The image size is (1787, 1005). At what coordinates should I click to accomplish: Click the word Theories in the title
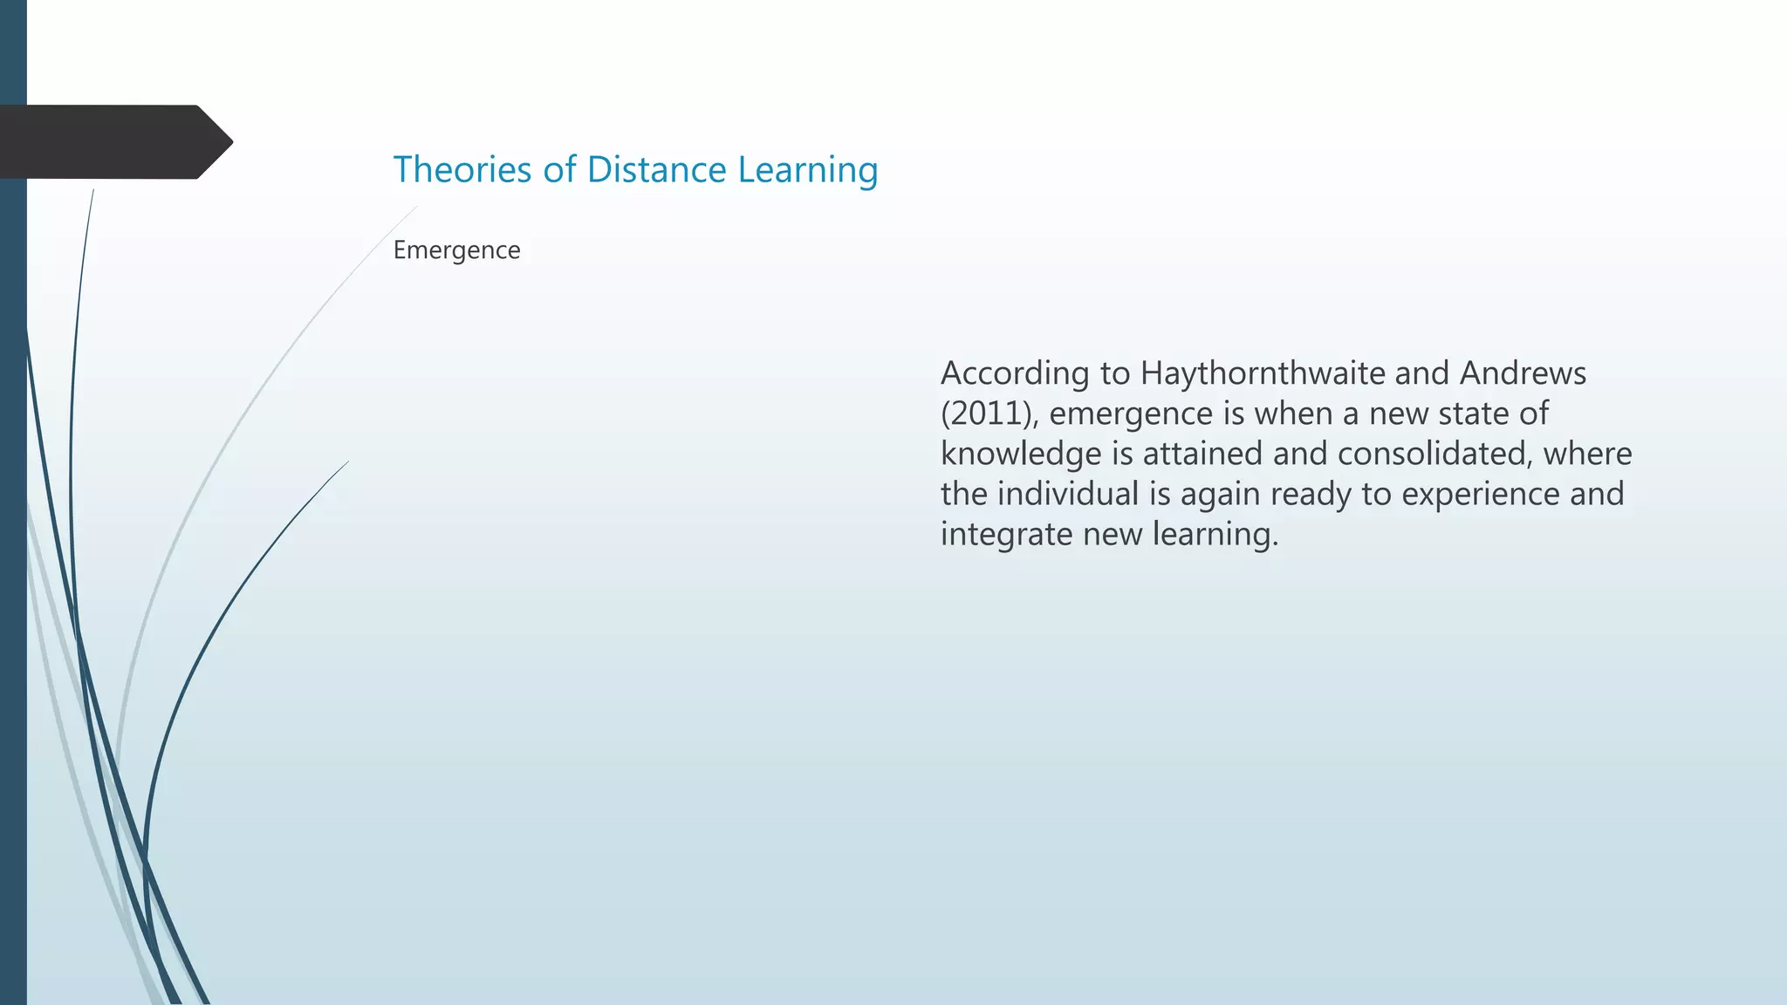(462, 169)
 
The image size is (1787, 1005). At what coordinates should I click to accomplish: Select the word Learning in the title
(807, 171)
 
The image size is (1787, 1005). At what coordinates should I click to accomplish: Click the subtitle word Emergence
(456, 250)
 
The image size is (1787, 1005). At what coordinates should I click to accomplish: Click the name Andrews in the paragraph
(1523, 373)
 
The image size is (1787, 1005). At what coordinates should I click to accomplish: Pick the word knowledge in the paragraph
(1021, 455)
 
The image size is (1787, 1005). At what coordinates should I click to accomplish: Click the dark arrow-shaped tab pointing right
(113, 141)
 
